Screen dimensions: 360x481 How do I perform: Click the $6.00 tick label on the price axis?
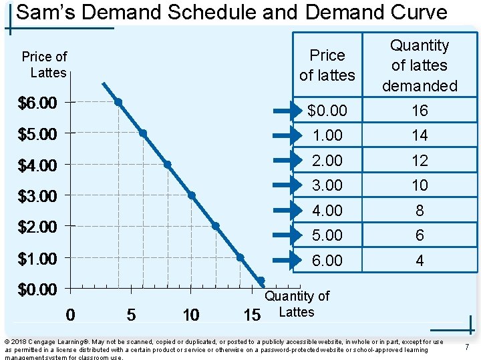pyautogui.click(x=37, y=103)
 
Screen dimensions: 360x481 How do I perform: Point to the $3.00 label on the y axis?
pyautogui.click(x=37, y=196)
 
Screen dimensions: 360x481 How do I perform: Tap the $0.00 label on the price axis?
pyautogui.click(x=37, y=289)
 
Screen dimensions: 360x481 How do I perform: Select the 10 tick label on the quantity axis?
pyautogui.click(x=191, y=314)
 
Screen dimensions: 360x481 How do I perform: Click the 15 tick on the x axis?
pyautogui.click(x=251, y=314)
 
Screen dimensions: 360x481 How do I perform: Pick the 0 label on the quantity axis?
pyautogui.click(x=71, y=314)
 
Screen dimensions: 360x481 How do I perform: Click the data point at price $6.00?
pyautogui.click(x=118, y=102)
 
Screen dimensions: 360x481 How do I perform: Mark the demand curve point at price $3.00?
pyautogui.click(x=191, y=195)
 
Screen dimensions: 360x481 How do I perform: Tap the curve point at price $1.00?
pyautogui.click(x=240, y=257)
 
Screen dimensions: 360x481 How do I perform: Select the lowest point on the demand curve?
pyautogui.click(x=261, y=281)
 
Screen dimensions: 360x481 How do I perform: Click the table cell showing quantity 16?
pyautogui.click(x=420, y=111)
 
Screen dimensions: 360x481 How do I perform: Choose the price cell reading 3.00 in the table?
pyautogui.click(x=327, y=185)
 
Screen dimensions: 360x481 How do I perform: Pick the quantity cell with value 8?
pyautogui.click(x=420, y=211)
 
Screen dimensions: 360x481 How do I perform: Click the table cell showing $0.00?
pyautogui.click(x=327, y=111)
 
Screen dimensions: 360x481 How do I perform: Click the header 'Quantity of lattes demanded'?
pyautogui.click(x=420, y=65)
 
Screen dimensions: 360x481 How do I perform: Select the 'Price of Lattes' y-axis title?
pyautogui.click(x=44, y=65)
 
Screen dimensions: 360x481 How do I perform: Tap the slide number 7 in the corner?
pyautogui.click(x=466, y=347)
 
